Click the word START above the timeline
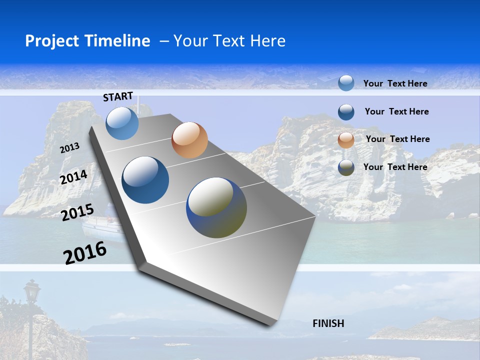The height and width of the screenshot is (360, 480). coord(118,96)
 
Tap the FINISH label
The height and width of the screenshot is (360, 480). coord(328,323)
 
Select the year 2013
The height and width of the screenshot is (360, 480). coord(69,148)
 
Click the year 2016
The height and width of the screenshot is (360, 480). coord(85,253)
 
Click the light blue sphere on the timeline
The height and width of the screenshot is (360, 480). coord(122,123)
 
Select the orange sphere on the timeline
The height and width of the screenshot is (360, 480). coord(189,140)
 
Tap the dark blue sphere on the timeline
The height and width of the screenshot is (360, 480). coord(145,180)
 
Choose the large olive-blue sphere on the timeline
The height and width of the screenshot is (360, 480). coord(216,207)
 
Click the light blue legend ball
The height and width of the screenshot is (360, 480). coord(346,83)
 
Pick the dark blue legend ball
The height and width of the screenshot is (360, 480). coord(346,112)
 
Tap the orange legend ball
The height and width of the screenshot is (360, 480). coord(346,140)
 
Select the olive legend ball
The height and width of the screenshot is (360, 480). coord(346,168)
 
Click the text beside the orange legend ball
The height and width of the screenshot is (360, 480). coord(397,139)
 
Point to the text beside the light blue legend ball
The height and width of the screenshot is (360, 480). coord(395,83)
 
